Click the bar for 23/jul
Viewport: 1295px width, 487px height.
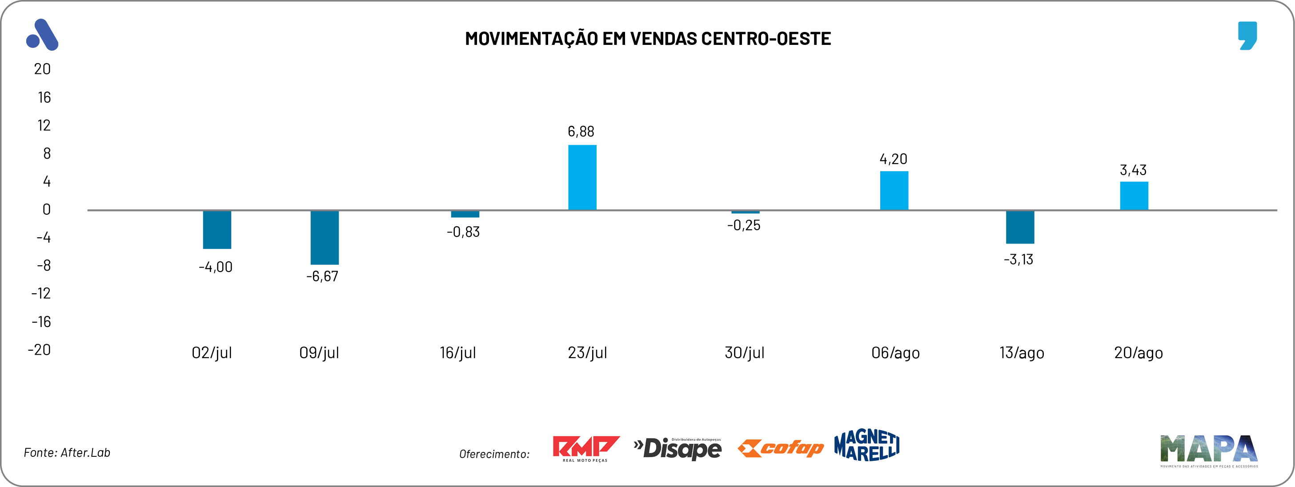click(582, 177)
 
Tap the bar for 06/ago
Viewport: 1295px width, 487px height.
click(894, 191)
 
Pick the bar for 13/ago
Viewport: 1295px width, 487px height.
click(1020, 227)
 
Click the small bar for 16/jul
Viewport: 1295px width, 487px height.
click(465, 214)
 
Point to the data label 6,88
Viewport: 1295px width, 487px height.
click(581, 132)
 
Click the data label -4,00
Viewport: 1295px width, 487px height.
click(216, 267)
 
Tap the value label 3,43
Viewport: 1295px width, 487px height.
click(1133, 170)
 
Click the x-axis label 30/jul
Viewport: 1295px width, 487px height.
click(744, 353)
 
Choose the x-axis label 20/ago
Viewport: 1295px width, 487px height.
click(1138, 353)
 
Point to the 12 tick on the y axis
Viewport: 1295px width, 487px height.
click(44, 125)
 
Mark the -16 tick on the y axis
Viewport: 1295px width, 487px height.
click(41, 322)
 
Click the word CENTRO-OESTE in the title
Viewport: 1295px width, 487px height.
click(766, 39)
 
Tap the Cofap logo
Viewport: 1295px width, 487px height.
click(780, 448)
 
